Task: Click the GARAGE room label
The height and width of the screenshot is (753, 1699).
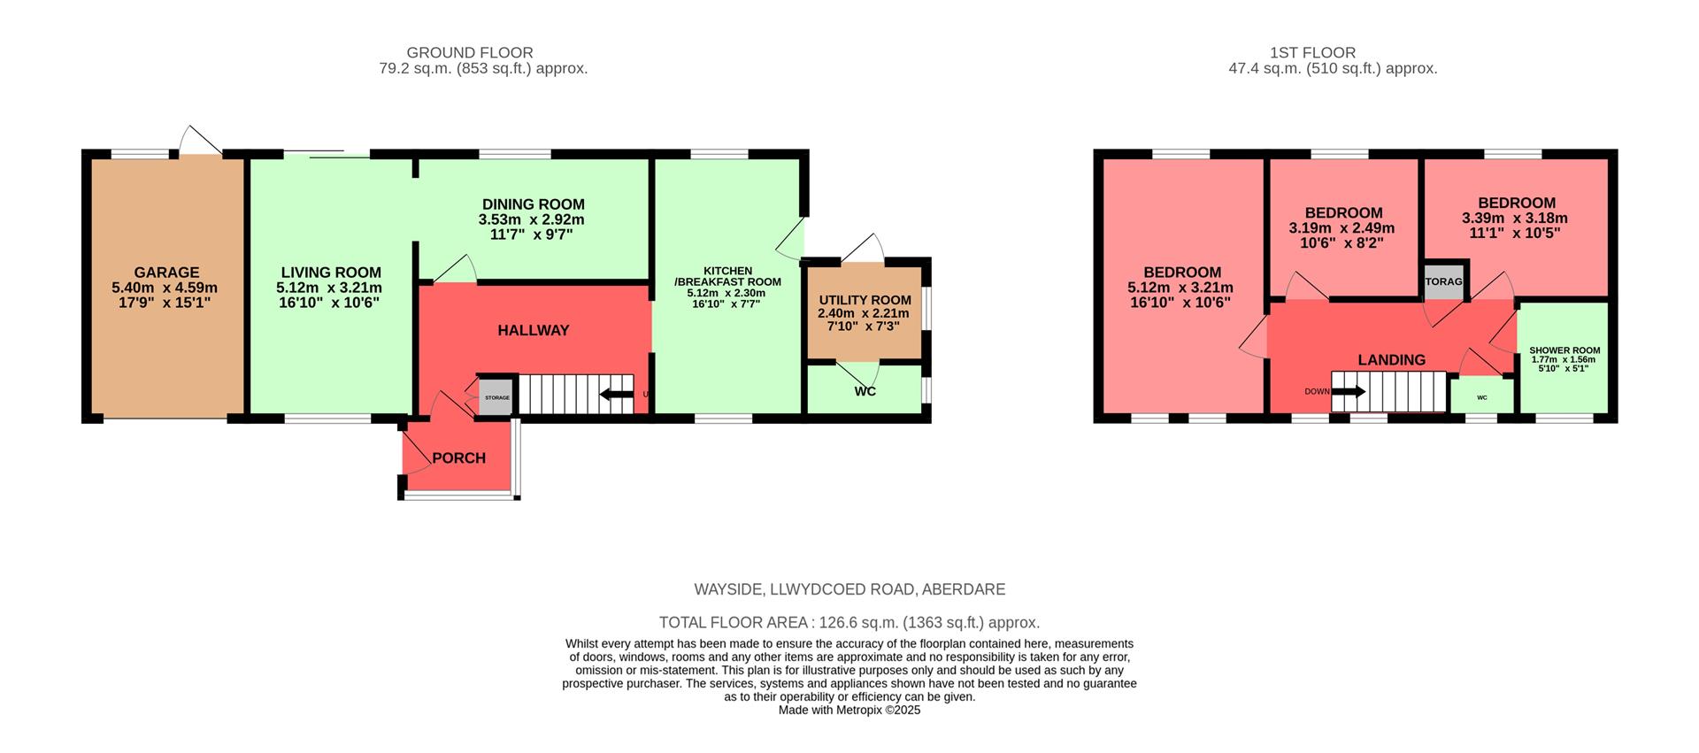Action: click(x=166, y=273)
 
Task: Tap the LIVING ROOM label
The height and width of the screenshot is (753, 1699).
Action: click(x=331, y=273)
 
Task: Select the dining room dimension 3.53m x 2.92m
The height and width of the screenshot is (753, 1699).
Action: click(x=532, y=219)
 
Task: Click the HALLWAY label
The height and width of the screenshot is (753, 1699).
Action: click(x=533, y=330)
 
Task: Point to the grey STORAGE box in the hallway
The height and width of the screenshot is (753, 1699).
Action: click(x=496, y=397)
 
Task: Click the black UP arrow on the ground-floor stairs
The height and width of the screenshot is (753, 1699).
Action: click(x=617, y=395)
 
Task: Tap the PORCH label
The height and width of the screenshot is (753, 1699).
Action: click(x=458, y=457)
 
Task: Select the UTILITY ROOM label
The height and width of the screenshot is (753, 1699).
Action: click(x=865, y=300)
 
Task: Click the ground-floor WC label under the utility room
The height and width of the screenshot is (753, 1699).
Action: click(x=865, y=391)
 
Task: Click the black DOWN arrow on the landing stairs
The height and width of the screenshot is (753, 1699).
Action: click(x=1349, y=391)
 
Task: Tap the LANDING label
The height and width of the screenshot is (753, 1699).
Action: click(x=1391, y=359)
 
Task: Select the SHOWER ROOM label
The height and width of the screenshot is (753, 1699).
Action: click(x=1564, y=350)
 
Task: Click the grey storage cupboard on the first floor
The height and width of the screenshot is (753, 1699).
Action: click(x=1444, y=281)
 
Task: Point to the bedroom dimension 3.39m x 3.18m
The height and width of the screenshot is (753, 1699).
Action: click(x=1515, y=219)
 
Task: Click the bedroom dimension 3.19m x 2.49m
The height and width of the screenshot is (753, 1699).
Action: click(x=1342, y=228)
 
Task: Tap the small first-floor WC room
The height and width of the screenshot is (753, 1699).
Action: click(x=1482, y=396)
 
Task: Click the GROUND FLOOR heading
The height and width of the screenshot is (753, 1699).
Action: click(x=470, y=53)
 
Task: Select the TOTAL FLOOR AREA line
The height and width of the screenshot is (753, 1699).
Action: click(x=849, y=622)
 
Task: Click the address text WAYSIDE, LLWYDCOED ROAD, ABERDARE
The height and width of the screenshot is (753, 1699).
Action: click(x=849, y=589)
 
